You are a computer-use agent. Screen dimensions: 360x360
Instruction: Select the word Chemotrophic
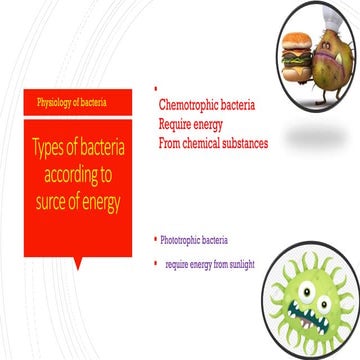click(189, 103)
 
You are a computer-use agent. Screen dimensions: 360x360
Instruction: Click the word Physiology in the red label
click(59, 103)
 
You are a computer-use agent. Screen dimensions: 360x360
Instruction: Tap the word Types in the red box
click(54, 149)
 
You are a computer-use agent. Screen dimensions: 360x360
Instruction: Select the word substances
click(239, 143)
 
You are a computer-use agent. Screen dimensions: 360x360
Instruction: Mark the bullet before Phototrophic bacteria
click(156, 239)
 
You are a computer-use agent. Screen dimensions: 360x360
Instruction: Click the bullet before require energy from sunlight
click(156, 263)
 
